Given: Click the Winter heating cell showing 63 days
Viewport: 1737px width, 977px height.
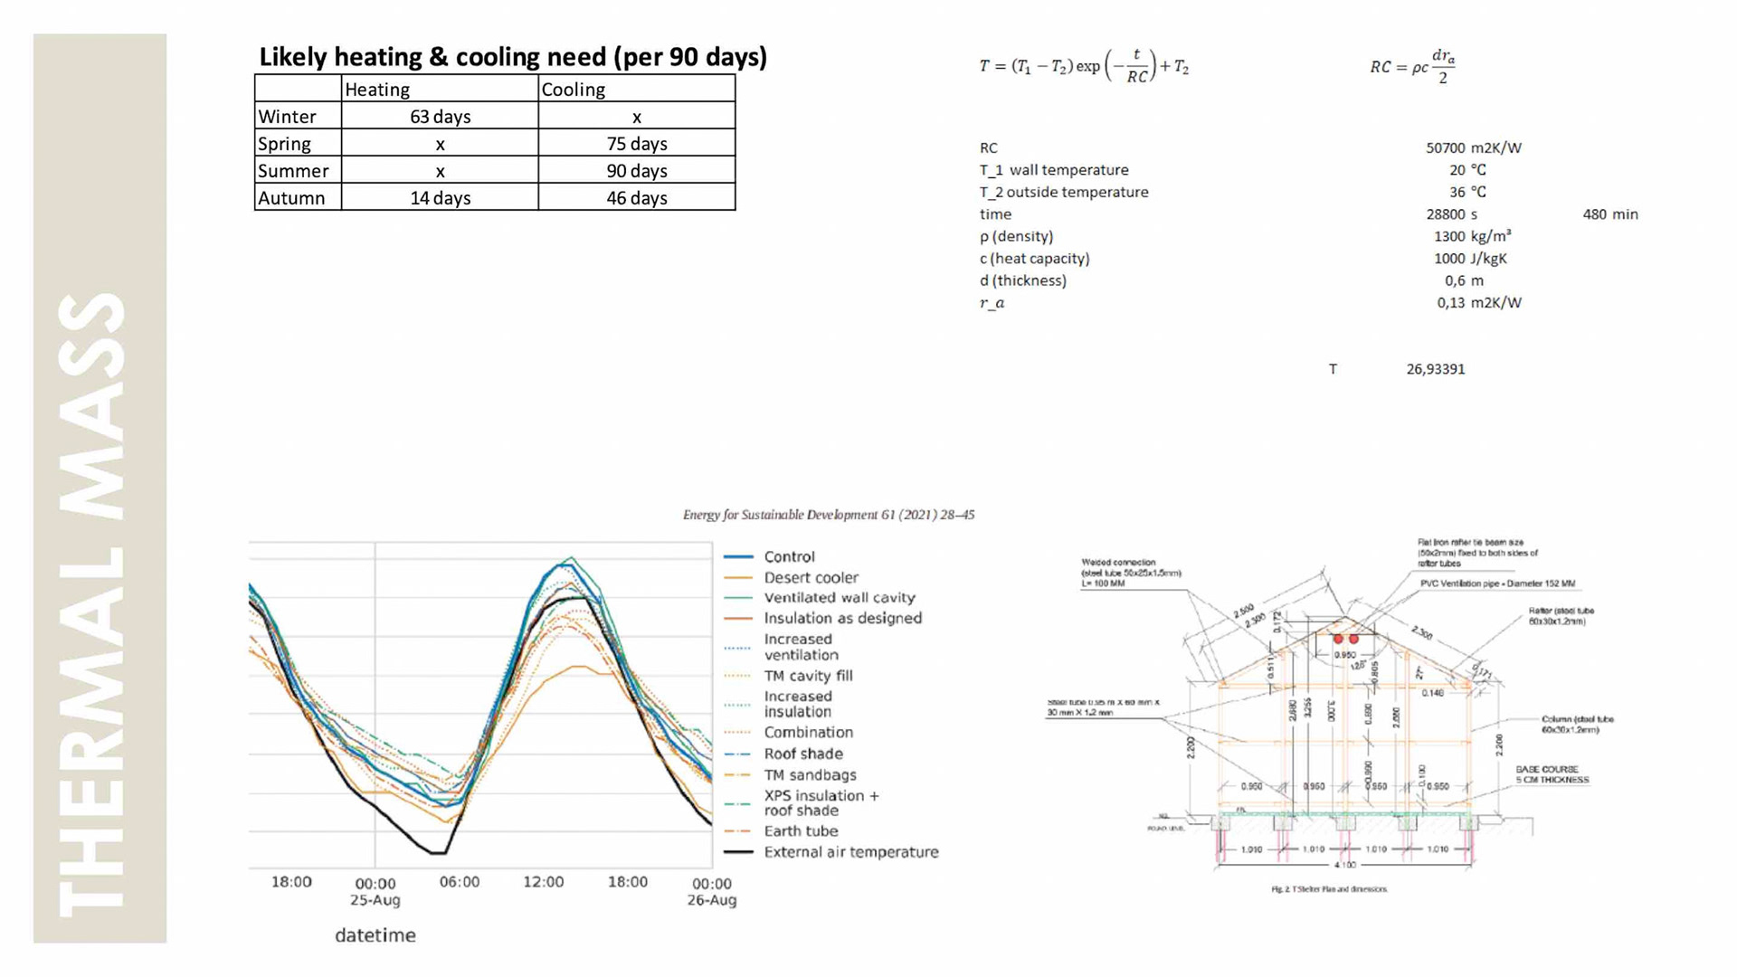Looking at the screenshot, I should (440, 117).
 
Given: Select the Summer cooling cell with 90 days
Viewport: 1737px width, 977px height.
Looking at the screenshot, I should (636, 171).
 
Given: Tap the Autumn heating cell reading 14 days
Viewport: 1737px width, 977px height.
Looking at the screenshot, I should (440, 198).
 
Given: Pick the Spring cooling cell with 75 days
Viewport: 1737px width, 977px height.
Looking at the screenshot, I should (636, 144).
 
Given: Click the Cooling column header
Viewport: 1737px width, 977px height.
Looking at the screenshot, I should (573, 90).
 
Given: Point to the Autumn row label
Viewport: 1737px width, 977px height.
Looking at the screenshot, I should (291, 198).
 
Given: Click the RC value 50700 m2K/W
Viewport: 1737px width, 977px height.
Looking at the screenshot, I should (1473, 147).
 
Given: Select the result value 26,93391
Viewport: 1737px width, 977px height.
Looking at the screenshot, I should (1435, 369).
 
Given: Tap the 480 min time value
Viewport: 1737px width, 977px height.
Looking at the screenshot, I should (1609, 214).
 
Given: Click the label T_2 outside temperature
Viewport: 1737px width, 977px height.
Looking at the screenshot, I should (1063, 192).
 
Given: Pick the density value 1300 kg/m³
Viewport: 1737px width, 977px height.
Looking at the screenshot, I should (1472, 236).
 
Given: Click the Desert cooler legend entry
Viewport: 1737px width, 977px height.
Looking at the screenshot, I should (811, 577).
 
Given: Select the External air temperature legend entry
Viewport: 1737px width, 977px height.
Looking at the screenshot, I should (850, 852).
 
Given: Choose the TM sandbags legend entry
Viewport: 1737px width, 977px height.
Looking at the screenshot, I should (810, 775).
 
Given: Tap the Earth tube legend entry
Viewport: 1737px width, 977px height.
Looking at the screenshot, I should (801, 831).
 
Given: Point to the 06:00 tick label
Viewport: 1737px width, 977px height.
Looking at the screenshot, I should (459, 882).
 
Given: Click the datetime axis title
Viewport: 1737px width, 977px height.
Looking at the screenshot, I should (375, 935).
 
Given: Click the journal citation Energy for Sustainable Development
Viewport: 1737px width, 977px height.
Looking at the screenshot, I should (828, 515).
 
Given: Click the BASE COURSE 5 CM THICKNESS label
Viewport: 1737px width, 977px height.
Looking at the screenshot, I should (1552, 774).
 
